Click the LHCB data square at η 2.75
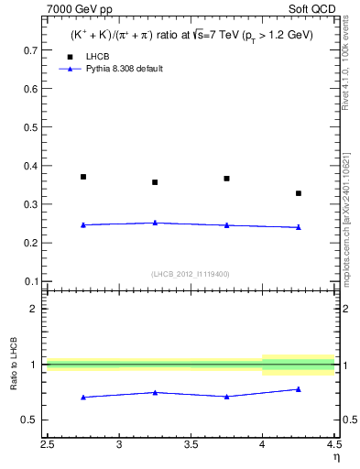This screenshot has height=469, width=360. pyautogui.click(x=83, y=177)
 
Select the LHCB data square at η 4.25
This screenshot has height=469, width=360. pyautogui.click(x=299, y=193)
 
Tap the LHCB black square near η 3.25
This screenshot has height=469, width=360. pyautogui.click(x=155, y=182)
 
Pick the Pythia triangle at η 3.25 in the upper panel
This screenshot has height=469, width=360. pyautogui.click(x=155, y=223)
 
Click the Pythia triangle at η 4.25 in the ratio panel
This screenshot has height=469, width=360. pyautogui.click(x=299, y=389)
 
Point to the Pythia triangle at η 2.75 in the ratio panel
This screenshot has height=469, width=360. pyautogui.click(x=83, y=397)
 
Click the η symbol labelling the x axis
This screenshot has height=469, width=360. pyautogui.click(x=335, y=457)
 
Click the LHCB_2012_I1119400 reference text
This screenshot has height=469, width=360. pyautogui.click(x=191, y=274)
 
